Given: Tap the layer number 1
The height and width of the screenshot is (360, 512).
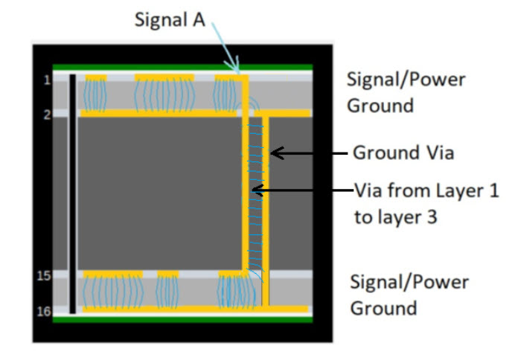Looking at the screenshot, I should click(x=46, y=80).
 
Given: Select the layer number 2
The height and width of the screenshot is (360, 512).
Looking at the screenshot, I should click(x=46, y=114).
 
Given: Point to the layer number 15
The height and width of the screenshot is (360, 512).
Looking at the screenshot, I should click(x=43, y=276).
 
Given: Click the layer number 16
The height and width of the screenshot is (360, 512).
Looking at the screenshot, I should click(x=43, y=311).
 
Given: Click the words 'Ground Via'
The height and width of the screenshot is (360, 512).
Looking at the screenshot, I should click(x=403, y=153).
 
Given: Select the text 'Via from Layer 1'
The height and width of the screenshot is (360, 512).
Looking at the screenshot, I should click(x=425, y=190).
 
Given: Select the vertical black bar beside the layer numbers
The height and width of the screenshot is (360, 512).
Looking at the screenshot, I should click(x=72, y=193).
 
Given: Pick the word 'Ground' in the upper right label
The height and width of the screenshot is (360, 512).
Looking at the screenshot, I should click(x=380, y=105).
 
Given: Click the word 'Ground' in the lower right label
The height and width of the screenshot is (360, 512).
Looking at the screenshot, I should click(x=383, y=306).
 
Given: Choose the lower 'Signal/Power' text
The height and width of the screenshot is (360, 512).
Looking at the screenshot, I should click(x=409, y=282).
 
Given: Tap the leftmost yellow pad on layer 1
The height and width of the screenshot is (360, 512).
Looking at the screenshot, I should click(x=96, y=77).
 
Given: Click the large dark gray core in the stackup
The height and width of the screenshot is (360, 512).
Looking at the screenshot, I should click(x=156, y=193).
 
